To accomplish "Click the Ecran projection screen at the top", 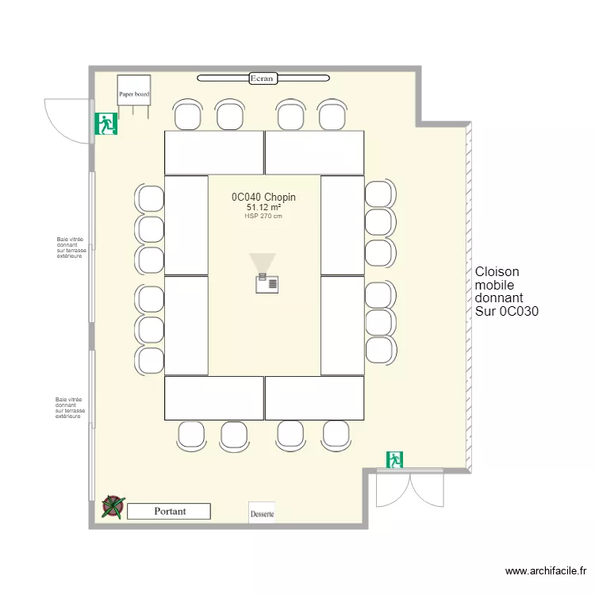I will click(263, 78).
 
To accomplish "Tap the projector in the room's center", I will click(266, 282).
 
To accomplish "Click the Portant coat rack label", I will click(169, 512).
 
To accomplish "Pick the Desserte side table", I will click(262, 512).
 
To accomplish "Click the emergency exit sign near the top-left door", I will click(106, 123).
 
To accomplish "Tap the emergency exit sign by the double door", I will click(394, 459).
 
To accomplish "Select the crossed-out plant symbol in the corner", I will click(113, 507).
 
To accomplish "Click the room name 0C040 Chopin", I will click(263, 197).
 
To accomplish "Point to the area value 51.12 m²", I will click(263, 207).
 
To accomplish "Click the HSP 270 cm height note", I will click(263, 217).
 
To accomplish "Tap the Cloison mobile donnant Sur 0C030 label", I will click(506, 291).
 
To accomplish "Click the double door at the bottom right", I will click(409, 487).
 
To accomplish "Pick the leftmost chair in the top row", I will click(188, 115).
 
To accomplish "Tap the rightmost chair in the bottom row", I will click(336, 435).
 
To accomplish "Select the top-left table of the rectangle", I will click(213, 152).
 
